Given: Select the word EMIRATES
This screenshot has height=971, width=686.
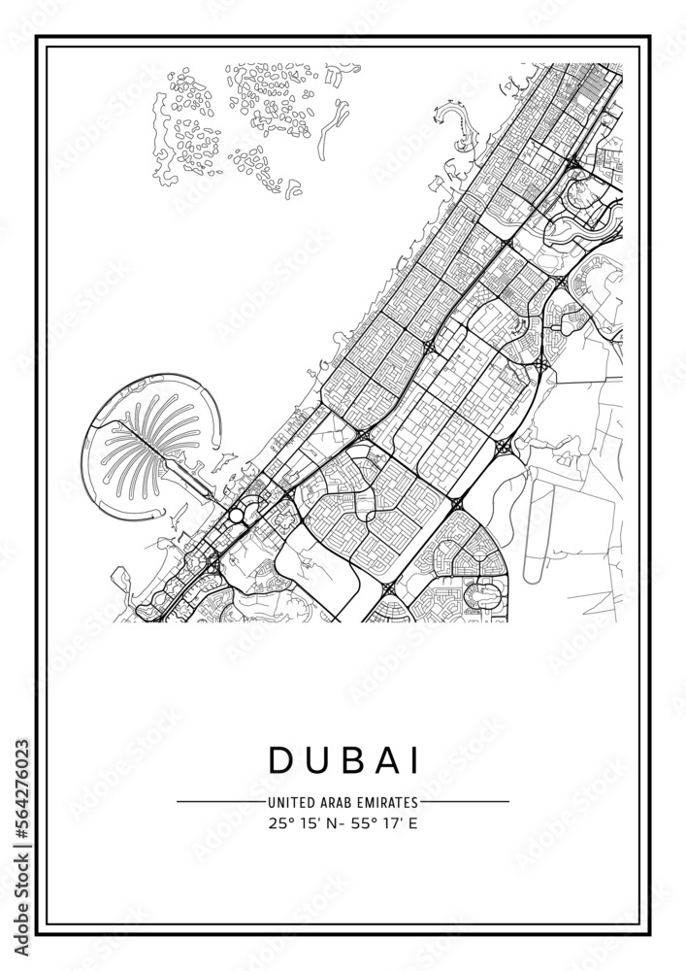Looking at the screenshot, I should point(387,802).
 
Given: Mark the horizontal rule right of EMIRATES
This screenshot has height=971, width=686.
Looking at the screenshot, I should point(465,802).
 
